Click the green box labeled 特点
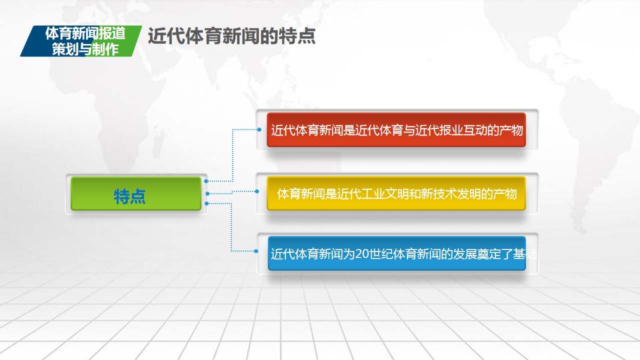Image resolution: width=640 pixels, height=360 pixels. (x=136, y=193)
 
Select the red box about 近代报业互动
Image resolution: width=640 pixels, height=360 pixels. (x=396, y=130)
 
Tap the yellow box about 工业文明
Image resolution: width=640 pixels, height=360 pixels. (x=396, y=193)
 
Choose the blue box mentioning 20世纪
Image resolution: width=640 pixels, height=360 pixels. (x=397, y=253)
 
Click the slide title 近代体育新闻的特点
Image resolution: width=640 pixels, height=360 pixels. (x=231, y=36)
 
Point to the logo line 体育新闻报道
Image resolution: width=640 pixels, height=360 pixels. (x=85, y=33)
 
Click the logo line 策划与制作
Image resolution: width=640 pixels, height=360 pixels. (x=85, y=49)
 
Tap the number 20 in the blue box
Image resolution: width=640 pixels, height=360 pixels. (x=362, y=254)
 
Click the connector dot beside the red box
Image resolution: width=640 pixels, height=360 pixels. (x=259, y=129)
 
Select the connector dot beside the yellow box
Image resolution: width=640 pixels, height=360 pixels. (x=257, y=191)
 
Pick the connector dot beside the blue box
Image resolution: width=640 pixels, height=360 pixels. (x=256, y=251)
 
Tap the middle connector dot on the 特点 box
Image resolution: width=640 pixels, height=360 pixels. (x=207, y=193)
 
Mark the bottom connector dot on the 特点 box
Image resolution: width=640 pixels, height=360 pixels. (x=207, y=203)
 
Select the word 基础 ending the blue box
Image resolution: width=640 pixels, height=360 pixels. (x=525, y=254)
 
